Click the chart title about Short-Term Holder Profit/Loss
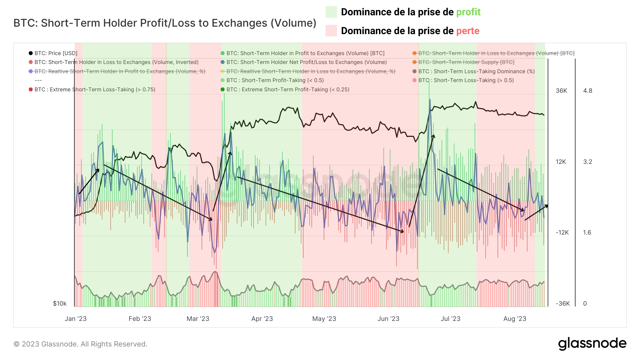(165, 23)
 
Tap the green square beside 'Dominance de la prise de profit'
(331, 12)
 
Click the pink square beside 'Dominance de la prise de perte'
(331, 31)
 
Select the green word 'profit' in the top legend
(468, 12)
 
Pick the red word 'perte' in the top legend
(468, 31)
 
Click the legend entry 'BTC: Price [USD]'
(56, 53)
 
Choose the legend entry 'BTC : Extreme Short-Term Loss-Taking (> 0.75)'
(95, 90)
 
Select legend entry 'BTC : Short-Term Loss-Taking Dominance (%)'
(476, 71)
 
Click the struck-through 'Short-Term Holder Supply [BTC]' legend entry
(466, 62)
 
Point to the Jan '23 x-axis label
(75, 319)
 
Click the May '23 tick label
(324, 319)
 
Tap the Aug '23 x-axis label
(514, 319)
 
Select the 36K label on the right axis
(561, 91)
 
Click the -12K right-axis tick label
(562, 233)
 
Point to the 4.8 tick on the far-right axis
(587, 91)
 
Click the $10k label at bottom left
(60, 303)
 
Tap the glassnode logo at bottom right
(592, 344)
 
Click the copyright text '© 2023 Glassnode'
(80, 344)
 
